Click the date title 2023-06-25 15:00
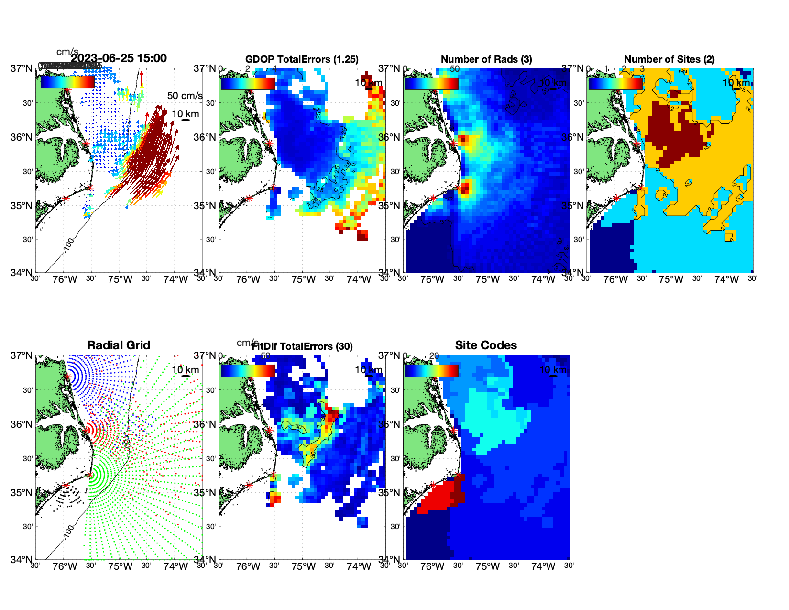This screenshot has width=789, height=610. (119, 58)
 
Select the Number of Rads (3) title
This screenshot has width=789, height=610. (486, 59)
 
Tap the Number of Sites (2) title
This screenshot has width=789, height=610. (669, 59)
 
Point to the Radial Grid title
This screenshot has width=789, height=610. (119, 345)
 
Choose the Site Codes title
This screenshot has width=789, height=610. (486, 345)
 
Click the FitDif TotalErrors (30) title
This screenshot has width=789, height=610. (302, 346)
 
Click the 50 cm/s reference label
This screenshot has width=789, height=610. (185, 96)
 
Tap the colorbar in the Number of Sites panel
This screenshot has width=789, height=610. (615, 83)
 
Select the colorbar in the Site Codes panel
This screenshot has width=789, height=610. (432, 370)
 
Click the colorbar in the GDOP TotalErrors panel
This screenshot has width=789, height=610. (248, 83)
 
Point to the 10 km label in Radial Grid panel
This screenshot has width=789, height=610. (185, 370)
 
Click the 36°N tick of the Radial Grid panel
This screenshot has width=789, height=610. (22, 424)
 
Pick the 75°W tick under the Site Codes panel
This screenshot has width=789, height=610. (488, 567)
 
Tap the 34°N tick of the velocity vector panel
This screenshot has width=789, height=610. (22, 273)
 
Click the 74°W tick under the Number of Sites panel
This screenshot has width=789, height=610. (726, 280)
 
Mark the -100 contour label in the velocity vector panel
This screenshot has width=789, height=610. (69, 244)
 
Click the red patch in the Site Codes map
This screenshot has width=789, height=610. (438, 498)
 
